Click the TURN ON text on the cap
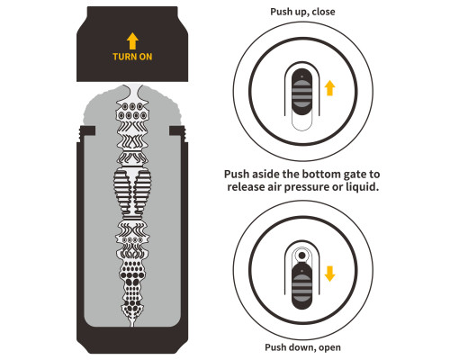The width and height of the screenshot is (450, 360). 132,57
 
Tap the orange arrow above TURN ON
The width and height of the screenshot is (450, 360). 132,41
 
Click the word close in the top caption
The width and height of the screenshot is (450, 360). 323,12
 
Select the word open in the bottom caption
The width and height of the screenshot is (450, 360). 329,347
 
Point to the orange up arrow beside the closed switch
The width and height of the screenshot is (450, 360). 329,88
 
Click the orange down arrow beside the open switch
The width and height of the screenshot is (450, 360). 329,274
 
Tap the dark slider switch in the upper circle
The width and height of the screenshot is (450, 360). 301,92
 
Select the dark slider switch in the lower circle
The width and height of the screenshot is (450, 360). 301,285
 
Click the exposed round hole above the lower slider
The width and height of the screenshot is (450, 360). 302,256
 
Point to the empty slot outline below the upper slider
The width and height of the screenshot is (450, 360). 301,123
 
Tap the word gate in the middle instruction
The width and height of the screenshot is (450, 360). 352,175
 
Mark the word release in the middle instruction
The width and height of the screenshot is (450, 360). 247,187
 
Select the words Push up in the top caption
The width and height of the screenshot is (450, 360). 289,12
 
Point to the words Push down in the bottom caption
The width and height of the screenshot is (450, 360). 290,347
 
